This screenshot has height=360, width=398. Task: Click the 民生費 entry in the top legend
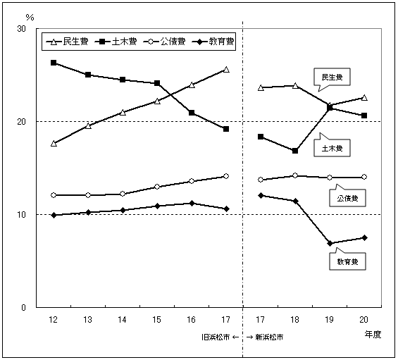click(x=68, y=42)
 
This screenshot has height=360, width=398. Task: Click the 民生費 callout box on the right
click(x=332, y=77)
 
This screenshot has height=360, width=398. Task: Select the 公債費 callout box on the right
click(x=347, y=199)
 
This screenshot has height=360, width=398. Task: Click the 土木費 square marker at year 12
click(x=54, y=63)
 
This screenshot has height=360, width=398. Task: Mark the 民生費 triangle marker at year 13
click(x=88, y=125)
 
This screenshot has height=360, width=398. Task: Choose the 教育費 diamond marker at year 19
click(x=330, y=243)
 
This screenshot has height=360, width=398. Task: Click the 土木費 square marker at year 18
click(x=295, y=151)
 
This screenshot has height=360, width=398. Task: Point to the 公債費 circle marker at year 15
click(x=157, y=187)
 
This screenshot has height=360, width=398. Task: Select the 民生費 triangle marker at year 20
click(x=364, y=97)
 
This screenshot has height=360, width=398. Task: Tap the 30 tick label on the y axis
click(x=22, y=29)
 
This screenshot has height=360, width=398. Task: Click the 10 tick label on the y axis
click(x=22, y=215)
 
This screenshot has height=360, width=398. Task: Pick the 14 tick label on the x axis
click(x=123, y=320)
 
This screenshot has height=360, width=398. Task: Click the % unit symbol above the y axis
click(x=29, y=16)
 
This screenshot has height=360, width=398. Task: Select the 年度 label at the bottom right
click(x=373, y=335)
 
